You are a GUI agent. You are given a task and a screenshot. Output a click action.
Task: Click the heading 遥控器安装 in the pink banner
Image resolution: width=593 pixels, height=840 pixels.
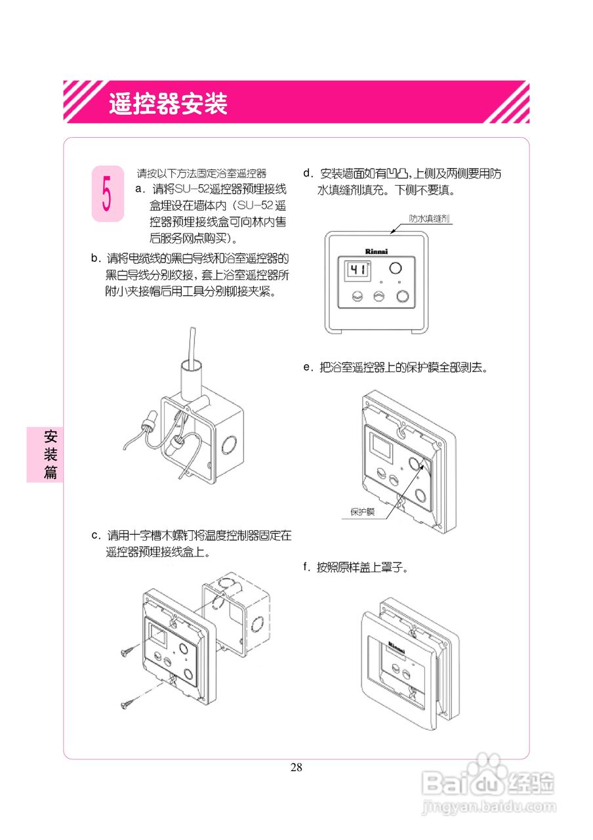point(169,104)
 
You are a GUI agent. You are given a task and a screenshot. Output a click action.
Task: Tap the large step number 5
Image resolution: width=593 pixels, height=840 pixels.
point(107,194)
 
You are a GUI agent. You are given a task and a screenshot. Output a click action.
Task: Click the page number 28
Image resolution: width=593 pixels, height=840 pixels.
point(296,768)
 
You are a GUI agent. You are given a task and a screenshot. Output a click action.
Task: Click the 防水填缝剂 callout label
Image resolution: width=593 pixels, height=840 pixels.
point(429,219)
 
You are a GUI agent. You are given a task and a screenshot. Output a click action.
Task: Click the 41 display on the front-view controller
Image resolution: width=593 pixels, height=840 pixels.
point(357,270)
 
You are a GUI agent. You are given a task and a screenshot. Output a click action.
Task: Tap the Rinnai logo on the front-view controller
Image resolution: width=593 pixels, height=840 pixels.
point(376,251)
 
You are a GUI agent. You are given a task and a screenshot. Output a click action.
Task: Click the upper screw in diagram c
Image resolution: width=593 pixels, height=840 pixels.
point(129,650)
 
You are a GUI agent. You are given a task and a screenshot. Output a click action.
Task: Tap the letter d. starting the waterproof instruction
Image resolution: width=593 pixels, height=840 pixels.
point(307,173)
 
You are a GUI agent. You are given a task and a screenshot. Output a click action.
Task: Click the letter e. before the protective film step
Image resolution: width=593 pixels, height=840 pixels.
point(307,367)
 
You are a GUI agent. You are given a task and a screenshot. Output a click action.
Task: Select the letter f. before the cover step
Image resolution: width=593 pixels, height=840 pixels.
point(306,567)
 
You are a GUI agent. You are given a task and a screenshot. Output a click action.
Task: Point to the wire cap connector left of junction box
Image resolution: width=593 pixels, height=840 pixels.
point(151,421)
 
